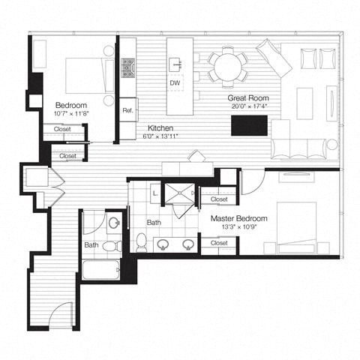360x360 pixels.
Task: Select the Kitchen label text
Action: (x=161, y=127)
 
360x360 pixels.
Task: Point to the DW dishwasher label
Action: (x=175, y=82)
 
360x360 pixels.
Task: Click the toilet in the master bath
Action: (x=142, y=241)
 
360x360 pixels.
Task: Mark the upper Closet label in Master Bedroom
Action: (x=219, y=199)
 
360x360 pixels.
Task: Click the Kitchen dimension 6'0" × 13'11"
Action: (x=161, y=136)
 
